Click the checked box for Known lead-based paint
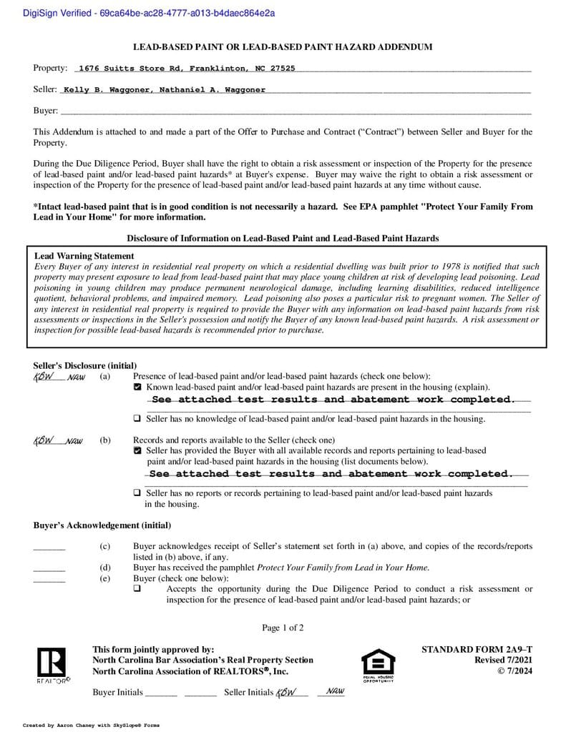(137, 387)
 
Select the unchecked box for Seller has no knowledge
(137, 419)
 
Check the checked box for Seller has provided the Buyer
(137, 451)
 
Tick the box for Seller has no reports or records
(137, 493)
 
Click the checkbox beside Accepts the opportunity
(137, 589)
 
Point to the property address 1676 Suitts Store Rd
(186, 69)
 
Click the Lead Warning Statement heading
(84, 256)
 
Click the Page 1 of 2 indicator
(283, 628)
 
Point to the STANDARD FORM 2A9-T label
(477, 649)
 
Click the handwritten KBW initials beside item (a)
(44, 377)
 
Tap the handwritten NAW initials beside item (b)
(74, 441)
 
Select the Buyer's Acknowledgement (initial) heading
(102, 525)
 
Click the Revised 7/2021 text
(503, 660)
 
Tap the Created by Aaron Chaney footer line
(92, 725)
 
